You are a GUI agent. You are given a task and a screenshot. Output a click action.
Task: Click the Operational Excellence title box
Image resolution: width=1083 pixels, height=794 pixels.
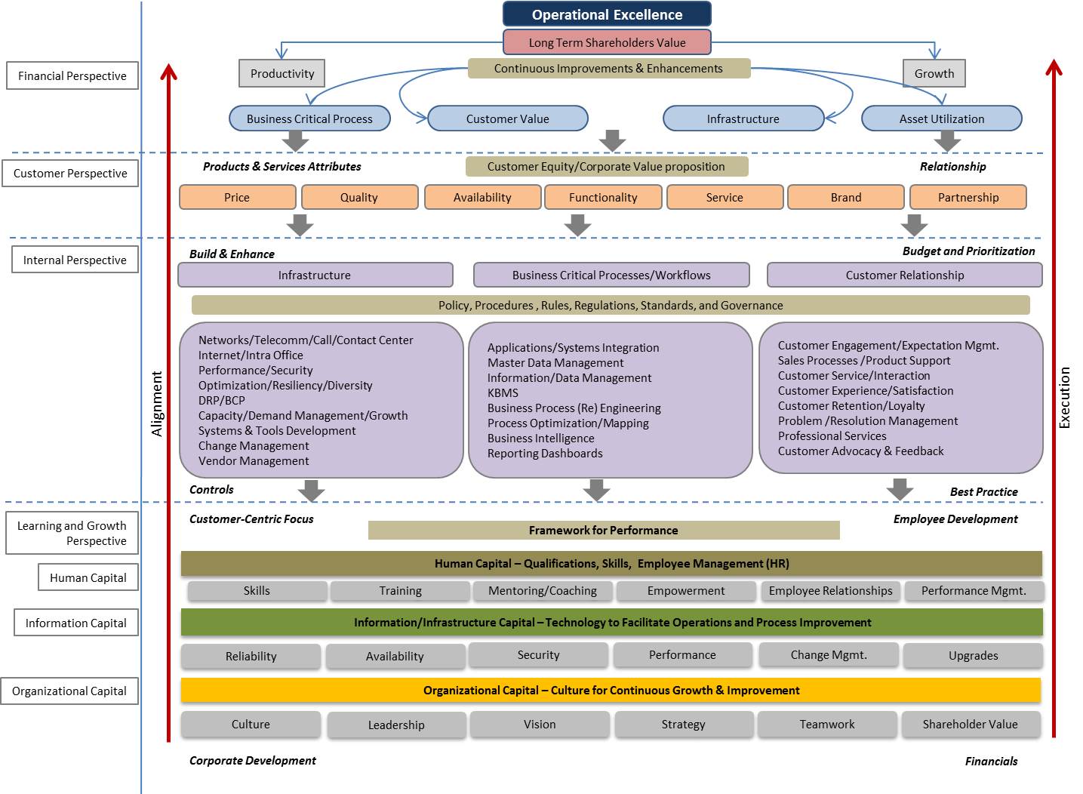[x=607, y=14]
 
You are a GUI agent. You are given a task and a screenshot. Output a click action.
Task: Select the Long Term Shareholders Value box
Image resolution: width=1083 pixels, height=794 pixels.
[x=607, y=42]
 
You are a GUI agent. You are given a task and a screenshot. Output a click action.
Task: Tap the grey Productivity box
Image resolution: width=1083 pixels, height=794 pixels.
[x=282, y=73]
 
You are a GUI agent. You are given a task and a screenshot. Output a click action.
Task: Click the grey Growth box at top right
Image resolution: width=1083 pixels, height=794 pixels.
[x=934, y=73]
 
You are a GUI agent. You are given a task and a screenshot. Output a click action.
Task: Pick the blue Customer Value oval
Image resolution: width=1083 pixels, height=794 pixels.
[x=507, y=118]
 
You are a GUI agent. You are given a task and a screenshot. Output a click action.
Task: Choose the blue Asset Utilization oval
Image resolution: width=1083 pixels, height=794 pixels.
[x=941, y=118]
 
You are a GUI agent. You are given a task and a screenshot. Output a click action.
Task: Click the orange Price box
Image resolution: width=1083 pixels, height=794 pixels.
[x=237, y=197]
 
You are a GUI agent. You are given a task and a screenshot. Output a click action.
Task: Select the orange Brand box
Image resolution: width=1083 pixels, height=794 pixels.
[x=845, y=197]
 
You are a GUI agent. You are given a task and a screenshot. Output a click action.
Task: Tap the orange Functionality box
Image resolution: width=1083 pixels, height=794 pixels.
[x=603, y=197]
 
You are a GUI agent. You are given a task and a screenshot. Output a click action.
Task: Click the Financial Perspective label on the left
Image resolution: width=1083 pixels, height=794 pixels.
[x=72, y=75]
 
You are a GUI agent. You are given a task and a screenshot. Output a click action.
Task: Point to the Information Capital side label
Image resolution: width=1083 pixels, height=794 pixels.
[x=76, y=623]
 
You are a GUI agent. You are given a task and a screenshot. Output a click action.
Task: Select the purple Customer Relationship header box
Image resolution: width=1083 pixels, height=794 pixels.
[x=904, y=275]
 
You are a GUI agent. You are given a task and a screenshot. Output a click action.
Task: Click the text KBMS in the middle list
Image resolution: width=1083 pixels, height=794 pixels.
[x=503, y=392]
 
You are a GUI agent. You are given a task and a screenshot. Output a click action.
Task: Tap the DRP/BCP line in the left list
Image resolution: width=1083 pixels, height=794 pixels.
[x=222, y=400]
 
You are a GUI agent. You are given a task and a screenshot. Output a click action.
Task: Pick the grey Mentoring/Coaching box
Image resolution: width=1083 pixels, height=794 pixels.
[x=542, y=590]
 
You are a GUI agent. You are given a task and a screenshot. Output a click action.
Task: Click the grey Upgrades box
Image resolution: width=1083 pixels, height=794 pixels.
[x=973, y=655]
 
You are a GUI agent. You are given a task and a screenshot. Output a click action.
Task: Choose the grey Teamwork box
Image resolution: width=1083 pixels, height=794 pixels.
[x=827, y=724]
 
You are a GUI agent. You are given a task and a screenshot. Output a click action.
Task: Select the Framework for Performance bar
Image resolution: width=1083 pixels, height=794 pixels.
[x=603, y=530]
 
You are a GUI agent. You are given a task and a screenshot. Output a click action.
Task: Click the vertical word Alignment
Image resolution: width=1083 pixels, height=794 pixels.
[x=157, y=404]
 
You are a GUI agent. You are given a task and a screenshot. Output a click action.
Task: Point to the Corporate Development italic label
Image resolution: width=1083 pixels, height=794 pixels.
[x=252, y=760]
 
